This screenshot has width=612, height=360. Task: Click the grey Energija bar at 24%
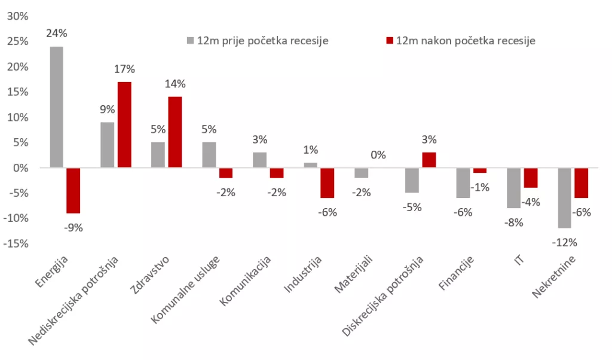(56, 108)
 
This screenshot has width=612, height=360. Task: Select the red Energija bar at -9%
(73, 191)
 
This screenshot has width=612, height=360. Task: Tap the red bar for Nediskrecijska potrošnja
(124, 125)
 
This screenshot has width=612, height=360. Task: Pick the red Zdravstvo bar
(175, 132)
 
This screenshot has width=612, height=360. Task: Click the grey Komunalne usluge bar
(209, 155)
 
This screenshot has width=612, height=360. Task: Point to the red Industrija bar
(327, 183)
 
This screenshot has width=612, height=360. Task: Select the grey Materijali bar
(361, 173)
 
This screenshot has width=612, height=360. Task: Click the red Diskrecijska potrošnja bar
(429, 160)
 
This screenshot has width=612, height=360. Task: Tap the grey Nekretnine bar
(564, 198)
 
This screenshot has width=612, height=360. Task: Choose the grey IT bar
(513, 188)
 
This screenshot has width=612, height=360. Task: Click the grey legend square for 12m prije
(191, 41)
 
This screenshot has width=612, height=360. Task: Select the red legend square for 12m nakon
(389, 41)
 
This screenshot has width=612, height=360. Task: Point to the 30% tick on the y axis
(17, 16)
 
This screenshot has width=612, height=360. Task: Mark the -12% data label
(564, 242)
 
